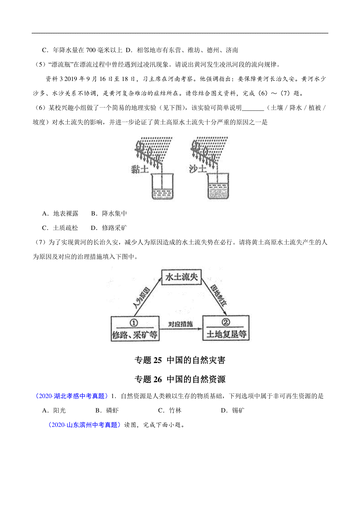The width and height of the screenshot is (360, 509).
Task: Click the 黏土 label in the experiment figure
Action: [139, 169]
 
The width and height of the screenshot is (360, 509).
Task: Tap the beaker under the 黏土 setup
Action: [162, 186]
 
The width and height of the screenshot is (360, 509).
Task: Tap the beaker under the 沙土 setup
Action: [218, 186]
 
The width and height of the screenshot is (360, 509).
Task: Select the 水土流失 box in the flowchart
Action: [181, 277]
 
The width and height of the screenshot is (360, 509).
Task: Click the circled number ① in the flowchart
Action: [134, 323]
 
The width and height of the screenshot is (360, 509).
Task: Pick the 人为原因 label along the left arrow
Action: [142, 298]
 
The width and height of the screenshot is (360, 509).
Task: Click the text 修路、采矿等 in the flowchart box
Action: [135, 335]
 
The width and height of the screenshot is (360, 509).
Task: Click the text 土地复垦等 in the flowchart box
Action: [226, 334]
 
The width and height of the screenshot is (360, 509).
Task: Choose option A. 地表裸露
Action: [60, 213]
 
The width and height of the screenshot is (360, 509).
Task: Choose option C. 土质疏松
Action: [60, 228]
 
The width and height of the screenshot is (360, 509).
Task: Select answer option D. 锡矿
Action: [232, 410]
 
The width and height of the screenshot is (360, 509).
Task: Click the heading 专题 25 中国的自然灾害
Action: [180, 360]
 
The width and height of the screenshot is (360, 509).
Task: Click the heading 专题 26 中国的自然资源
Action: [180, 379]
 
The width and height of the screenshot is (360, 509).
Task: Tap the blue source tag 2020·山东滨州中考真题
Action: [84, 425]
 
